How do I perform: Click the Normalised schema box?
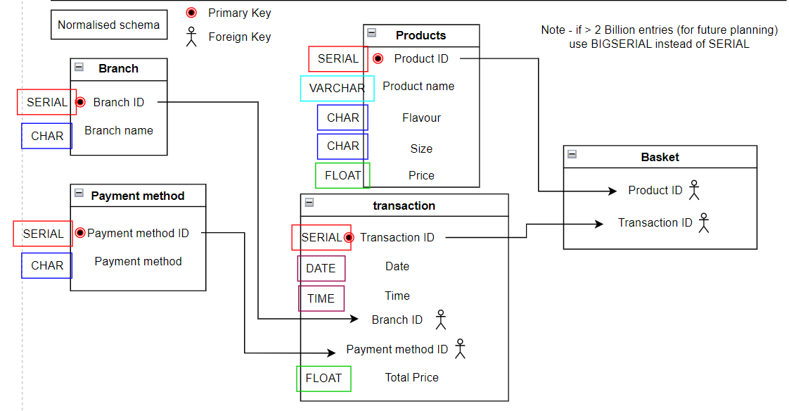click(109, 25)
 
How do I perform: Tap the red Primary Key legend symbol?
click(191, 13)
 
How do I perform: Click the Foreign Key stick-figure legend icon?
click(191, 37)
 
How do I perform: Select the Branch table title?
click(118, 68)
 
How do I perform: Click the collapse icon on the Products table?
click(372, 33)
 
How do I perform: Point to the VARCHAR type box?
click(337, 88)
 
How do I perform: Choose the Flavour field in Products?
click(421, 118)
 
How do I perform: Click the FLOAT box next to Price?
click(342, 175)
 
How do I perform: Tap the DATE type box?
click(321, 268)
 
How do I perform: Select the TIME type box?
click(321, 298)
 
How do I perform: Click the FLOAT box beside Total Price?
click(323, 378)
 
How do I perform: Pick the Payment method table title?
click(137, 196)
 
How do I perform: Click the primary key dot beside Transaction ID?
click(349, 237)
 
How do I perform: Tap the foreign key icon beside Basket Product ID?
click(694, 190)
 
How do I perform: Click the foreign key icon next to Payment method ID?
click(460, 348)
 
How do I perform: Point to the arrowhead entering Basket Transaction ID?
click(599, 224)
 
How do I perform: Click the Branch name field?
click(119, 130)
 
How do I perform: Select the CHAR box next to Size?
click(342, 146)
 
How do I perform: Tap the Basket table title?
click(660, 157)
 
